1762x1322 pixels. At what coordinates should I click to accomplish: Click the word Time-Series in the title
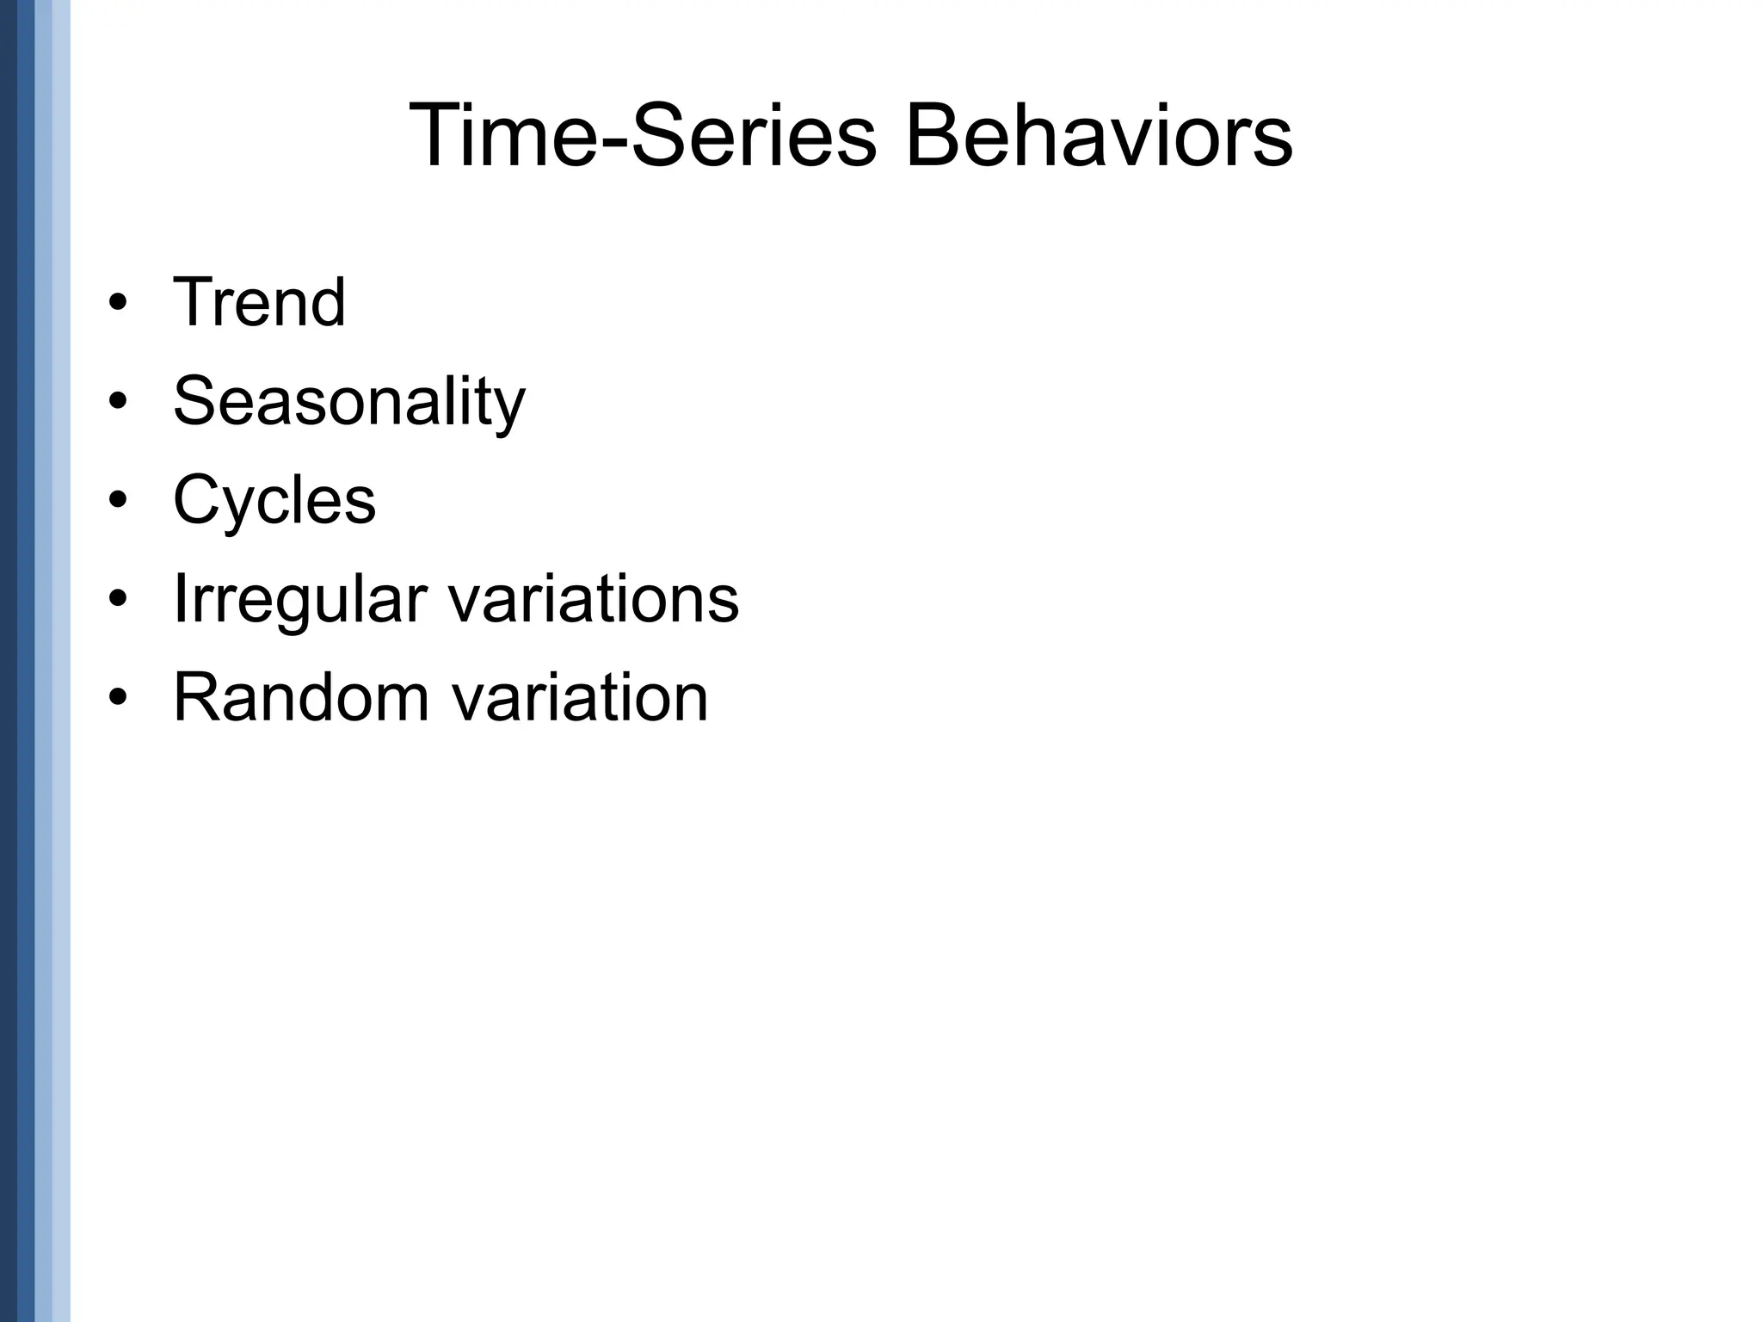[x=642, y=136]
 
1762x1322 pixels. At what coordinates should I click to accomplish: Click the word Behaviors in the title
[x=1098, y=136]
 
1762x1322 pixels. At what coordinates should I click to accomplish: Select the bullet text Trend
[x=259, y=302]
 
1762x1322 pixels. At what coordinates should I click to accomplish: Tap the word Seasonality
[x=348, y=401]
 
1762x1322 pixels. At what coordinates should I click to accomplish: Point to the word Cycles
[x=274, y=500]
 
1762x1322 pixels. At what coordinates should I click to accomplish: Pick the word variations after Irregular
[x=594, y=599]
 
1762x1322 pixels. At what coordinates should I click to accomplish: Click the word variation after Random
[x=580, y=697]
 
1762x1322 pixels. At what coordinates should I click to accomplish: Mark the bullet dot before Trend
[x=118, y=304]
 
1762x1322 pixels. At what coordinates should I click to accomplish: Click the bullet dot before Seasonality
[x=118, y=403]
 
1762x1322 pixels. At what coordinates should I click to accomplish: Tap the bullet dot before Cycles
[x=118, y=501]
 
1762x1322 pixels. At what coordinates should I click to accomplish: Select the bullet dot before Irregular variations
[x=118, y=600]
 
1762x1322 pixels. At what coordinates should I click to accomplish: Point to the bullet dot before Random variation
[x=118, y=698]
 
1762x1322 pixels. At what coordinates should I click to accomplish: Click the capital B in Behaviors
[x=933, y=136]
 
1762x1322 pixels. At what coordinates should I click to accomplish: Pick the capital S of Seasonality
[x=195, y=401]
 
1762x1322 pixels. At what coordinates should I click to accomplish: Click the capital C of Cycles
[x=199, y=500]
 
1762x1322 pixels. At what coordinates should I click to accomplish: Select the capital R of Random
[x=199, y=697]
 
